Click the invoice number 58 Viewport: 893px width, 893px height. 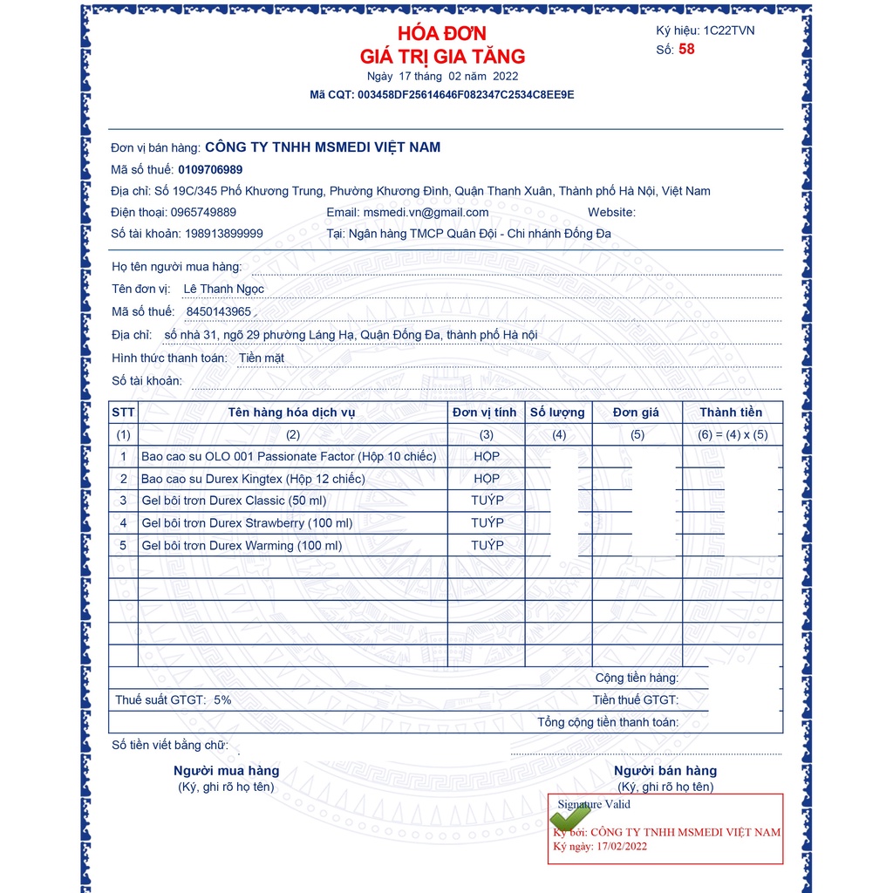pos(687,50)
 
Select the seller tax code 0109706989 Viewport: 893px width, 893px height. pos(210,169)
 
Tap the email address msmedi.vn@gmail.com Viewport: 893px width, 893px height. pos(426,212)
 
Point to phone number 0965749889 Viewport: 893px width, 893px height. pos(203,212)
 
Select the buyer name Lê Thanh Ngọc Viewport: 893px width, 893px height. pos(223,289)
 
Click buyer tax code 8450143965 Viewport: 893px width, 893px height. pos(219,311)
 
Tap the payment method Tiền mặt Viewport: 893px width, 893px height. pos(262,358)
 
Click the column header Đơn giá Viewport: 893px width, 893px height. pos(636,412)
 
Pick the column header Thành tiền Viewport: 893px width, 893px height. pos(731,412)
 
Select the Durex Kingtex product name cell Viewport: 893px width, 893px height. pos(253,479)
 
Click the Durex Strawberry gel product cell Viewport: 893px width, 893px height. pos(247,523)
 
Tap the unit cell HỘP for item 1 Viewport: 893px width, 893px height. pos(487,456)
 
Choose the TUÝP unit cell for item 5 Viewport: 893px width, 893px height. pos(487,545)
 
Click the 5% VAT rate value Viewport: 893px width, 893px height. pos(222,699)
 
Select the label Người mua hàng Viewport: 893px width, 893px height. pos(227,771)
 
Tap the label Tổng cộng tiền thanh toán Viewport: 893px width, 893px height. pos(607,722)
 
